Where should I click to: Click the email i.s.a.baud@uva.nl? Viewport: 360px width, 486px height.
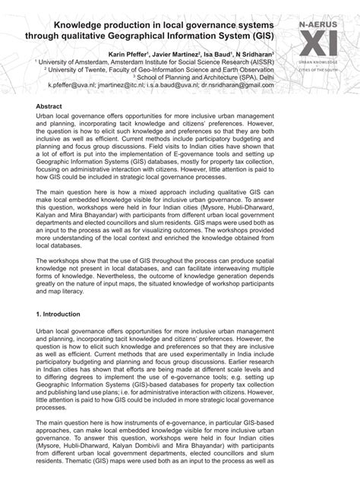pyautogui.click(x=175, y=86)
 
